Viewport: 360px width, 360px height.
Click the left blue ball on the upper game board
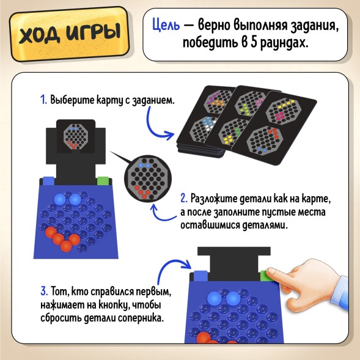[59, 200]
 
